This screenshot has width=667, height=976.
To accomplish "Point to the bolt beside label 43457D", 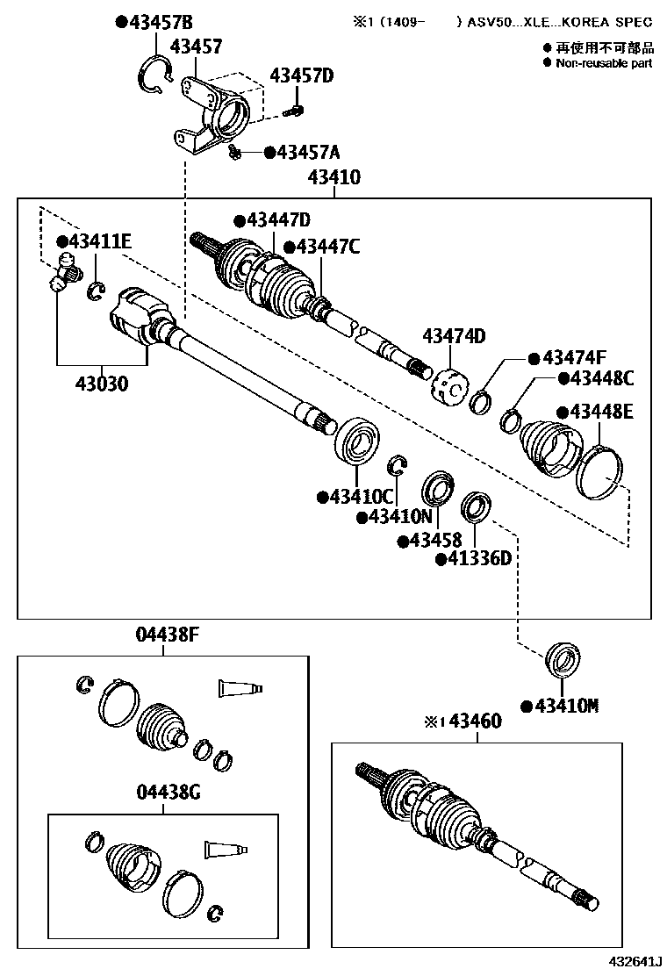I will point(297,111).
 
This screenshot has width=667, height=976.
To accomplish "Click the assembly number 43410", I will point(333,178).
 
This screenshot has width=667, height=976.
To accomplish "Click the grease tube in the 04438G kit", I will point(226,849).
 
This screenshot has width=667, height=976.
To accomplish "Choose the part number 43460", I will point(475,721).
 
